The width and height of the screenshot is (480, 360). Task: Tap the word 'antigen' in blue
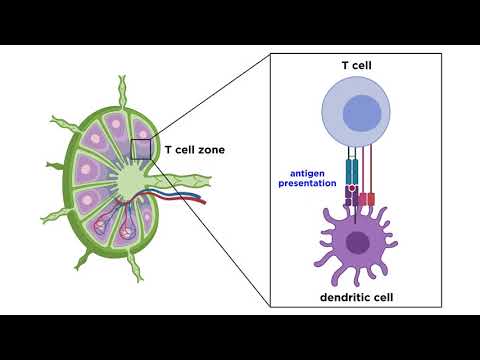click(303, 173)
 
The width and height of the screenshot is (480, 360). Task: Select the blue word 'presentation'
click(303, 185)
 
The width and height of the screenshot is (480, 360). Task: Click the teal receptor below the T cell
click(350, 170)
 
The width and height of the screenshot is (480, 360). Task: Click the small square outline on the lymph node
click(142, 150)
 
